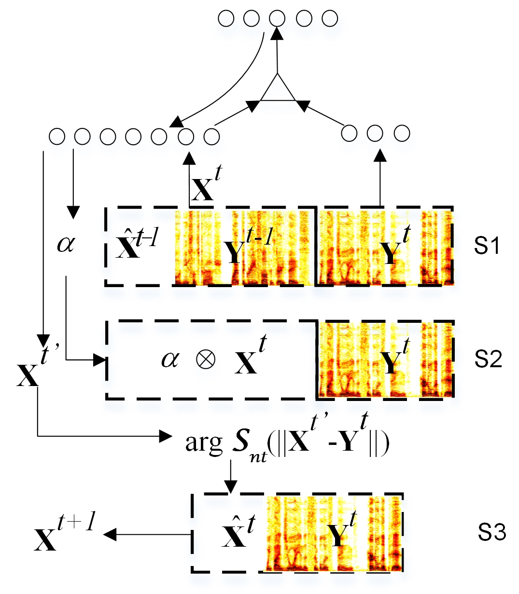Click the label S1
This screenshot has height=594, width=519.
pyautogui.click(x=487, y=246)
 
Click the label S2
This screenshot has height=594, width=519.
pyautogui.click(x=488, y=359)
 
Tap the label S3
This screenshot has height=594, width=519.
pyautogui.click(x=492, y=533)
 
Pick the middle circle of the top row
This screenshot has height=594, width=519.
pyautogui.click(x=277, y=19)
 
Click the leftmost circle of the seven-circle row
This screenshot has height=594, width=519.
pyautogui.click(x=57, y=137)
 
